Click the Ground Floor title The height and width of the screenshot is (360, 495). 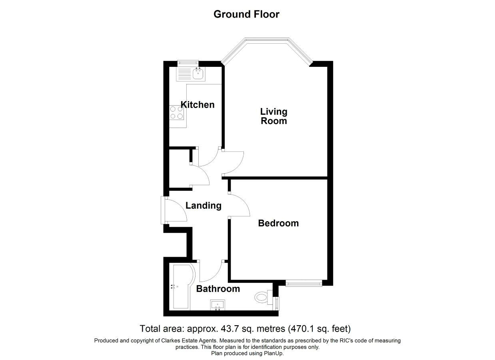tap(246, 14)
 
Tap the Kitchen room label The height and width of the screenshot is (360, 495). tap(198, 104)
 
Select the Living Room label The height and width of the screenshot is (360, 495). tap(274, 116)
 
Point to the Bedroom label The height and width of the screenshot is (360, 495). tap(278, 223)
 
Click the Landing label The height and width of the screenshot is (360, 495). tap(203, 206)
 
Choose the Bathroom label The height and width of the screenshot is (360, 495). tap(218, 289)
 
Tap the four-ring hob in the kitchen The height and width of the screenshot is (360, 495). tap(177, 112)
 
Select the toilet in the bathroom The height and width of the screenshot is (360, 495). tap(263, 297)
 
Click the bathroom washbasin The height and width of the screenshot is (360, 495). tap(218, 305)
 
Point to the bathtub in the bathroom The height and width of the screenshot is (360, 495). tap(182, 287)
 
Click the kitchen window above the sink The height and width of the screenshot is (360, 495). tap(188, 63)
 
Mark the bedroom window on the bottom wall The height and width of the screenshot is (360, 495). tap(304, 284)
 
